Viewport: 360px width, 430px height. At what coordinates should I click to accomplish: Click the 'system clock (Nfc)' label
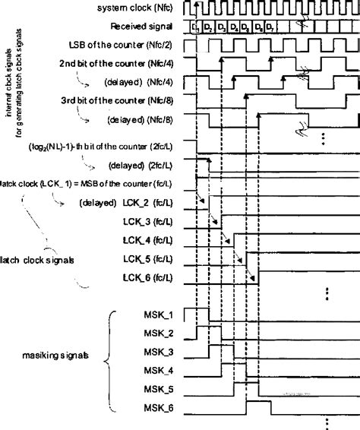[x=145, y=8]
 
